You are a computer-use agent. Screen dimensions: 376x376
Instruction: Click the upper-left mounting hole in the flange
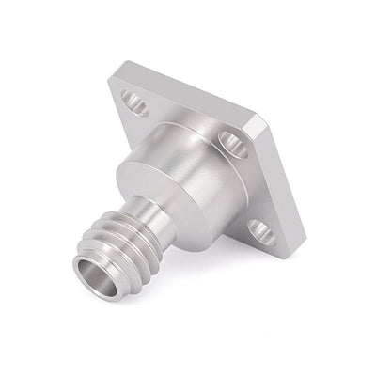pyautogui.click(x=135, y=103)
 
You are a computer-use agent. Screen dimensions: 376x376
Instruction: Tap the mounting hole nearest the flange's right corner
pyautogui.click(x=233, y=143)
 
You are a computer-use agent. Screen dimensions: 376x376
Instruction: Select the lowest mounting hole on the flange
pyautogui.click(x=262, y=231)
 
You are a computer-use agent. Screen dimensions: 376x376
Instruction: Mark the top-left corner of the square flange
pyautogui.click(x=115, y=75)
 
